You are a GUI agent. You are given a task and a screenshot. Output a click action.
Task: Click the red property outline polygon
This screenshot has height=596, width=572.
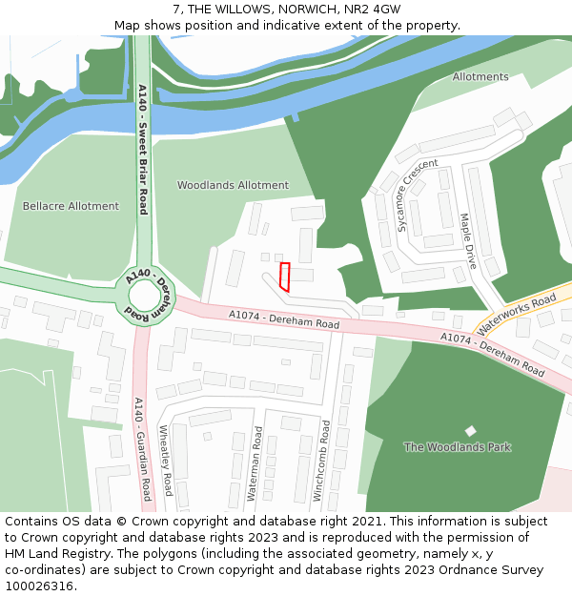tap(284, 277)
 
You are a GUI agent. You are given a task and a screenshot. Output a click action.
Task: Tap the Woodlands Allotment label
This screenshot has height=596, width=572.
tap(233, 185)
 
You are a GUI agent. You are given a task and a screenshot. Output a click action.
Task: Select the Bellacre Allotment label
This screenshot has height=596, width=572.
tap(71, 206)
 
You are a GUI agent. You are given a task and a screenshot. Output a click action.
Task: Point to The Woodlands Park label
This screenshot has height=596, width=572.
tap(458, 447)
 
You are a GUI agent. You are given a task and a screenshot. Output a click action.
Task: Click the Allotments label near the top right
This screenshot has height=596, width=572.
tap(480, 77)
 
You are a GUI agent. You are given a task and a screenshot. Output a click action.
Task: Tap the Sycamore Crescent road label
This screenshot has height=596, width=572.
tap(418, 195)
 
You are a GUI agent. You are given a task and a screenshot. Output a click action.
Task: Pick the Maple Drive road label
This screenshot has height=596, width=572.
tap(468, 241)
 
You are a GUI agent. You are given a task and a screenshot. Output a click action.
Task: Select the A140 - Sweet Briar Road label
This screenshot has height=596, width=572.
tap(143, 149)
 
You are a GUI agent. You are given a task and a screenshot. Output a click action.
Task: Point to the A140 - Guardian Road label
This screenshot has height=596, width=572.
tap(142, 448)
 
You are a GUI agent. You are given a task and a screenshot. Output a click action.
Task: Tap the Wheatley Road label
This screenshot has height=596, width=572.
tap(166, 461)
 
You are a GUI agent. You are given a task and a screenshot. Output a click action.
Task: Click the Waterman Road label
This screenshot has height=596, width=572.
tap(255, 463)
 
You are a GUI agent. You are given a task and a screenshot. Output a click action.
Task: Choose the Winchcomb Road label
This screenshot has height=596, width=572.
tap(322, 461)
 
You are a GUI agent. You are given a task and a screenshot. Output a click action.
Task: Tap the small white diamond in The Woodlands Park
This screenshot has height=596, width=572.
tap(470, 431)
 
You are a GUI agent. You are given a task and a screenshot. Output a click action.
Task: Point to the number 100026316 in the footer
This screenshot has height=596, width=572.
tap(39, 586)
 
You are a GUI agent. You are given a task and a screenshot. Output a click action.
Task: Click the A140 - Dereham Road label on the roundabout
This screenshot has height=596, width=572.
tap(151, 293)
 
